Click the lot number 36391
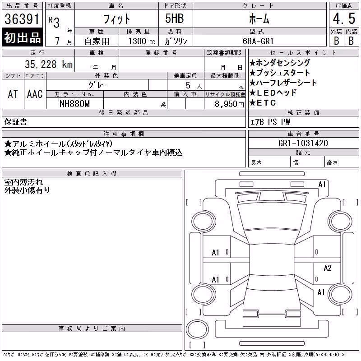(x=22, y=19)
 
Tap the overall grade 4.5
(x=344, y=19)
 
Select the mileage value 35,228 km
(x=49, y=65)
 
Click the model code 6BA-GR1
(x=258, y=41)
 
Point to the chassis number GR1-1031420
(x=303, y=143)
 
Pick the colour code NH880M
(x=74, y=104)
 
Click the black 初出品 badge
(x=22, y=37)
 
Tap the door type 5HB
(x=175, y=19)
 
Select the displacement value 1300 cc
(x=142, y=41)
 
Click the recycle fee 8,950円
(x=229, y=104)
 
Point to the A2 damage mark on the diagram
(x=328, y=268)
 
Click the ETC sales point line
(x=263, y=103)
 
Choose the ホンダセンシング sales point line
(x=280, y=63)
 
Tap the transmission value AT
(x=13, y=94)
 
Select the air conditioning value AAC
(x=35, y=94)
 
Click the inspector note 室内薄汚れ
(x=23, y=182)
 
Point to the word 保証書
(x=16, y=122)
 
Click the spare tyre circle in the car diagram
(x=197, y=329)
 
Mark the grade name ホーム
(x=259, y=19)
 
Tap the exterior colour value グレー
(x=97, y=85)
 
